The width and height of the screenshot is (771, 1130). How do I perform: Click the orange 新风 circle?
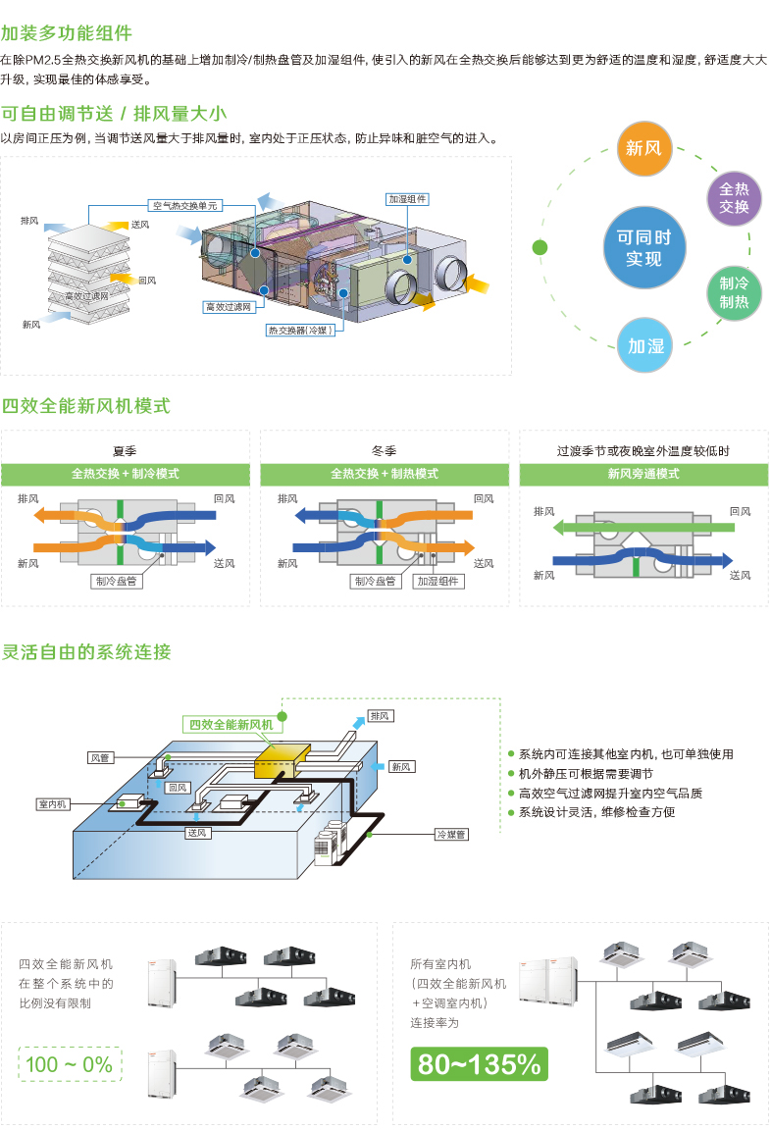point(643,148)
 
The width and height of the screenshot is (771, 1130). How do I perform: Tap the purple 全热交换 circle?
point(734,198)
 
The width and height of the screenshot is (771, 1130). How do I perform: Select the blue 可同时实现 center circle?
point(643,247)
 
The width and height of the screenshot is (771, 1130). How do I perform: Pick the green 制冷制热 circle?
point(734,293)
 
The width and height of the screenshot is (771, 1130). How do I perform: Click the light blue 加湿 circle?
point(644,345)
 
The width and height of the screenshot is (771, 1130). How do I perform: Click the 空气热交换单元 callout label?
point(185,205)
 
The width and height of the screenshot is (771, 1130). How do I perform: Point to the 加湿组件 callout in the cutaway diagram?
point(407,199)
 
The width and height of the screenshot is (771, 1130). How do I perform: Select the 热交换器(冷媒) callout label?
point(300,330)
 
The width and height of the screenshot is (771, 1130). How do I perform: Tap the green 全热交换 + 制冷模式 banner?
point(126,474)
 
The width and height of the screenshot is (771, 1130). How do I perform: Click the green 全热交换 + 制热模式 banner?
point(385,474)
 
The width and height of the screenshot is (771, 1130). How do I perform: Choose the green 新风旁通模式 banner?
point(643,474)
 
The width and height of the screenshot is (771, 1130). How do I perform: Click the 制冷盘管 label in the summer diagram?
point(116,581)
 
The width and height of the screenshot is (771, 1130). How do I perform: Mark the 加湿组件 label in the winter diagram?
point(438,581)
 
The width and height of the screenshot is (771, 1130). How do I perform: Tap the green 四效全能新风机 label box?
point(231,724)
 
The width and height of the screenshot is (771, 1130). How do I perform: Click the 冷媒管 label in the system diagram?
point(451,834)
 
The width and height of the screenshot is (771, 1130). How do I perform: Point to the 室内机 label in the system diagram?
point(53,803)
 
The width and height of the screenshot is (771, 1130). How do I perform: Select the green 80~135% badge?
point(479,1063)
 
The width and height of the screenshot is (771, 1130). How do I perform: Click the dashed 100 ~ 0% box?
point(70,1064)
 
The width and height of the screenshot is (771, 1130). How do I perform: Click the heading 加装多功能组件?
point(67,33)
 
